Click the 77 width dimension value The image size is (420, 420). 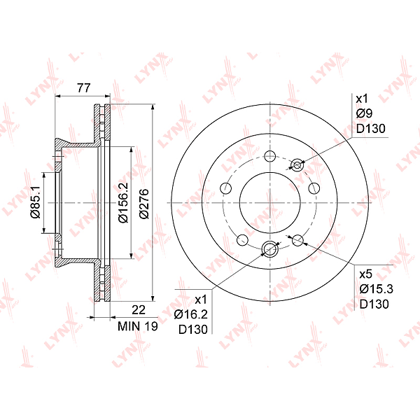pos(84,88)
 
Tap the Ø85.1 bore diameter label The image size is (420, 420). pos(35,202)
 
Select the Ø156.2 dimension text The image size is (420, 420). pos(123,202)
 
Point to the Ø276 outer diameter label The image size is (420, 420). pos(143,204)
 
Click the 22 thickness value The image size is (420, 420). pos(139,310)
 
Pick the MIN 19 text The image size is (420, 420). pos(138,326)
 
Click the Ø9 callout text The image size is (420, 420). pos(364,113)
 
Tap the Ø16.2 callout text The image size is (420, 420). pos(190,314)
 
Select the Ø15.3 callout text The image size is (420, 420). pos(376,289)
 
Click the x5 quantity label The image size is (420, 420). pos(365,274)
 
